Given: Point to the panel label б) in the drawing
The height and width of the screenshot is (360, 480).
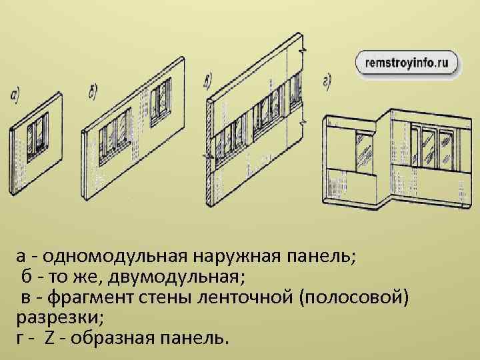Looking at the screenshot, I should [94, 91].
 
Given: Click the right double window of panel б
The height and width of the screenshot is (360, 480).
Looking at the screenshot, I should [161, 101].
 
